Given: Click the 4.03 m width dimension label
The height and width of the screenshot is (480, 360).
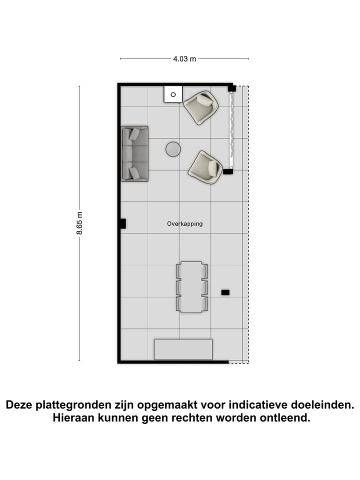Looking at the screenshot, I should tap(184, 59).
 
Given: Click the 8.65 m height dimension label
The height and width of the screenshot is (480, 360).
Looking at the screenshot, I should tap(79, 223).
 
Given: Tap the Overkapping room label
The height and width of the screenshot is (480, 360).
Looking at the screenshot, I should tap(185, 224).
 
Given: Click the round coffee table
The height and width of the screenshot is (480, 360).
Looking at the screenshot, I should tap(173, 149).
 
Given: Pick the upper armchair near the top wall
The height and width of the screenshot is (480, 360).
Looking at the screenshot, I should tap(201, 106).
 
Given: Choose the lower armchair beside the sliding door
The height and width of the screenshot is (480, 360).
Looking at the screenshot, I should tap(205, 167).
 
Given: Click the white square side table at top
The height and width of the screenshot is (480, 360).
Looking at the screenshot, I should tap(173, 94).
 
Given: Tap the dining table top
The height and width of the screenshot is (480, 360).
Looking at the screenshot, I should tap(191, 287).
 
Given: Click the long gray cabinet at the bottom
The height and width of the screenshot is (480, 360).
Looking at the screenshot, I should tap(183, 349).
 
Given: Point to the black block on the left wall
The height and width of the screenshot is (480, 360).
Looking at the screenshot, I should tap(122, 223).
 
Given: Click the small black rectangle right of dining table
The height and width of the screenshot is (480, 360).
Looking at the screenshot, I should tap(225, 291).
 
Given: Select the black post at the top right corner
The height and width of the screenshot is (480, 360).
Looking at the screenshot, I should tap(232, 88).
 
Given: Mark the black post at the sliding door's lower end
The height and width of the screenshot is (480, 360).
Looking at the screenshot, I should tap(228, 171).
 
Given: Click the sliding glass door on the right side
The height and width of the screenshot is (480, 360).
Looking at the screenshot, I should tap(231, 130).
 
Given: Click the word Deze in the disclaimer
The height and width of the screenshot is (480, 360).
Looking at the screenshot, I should tap(21, 404).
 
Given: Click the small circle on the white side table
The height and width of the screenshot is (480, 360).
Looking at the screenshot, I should tap(173, 94).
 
